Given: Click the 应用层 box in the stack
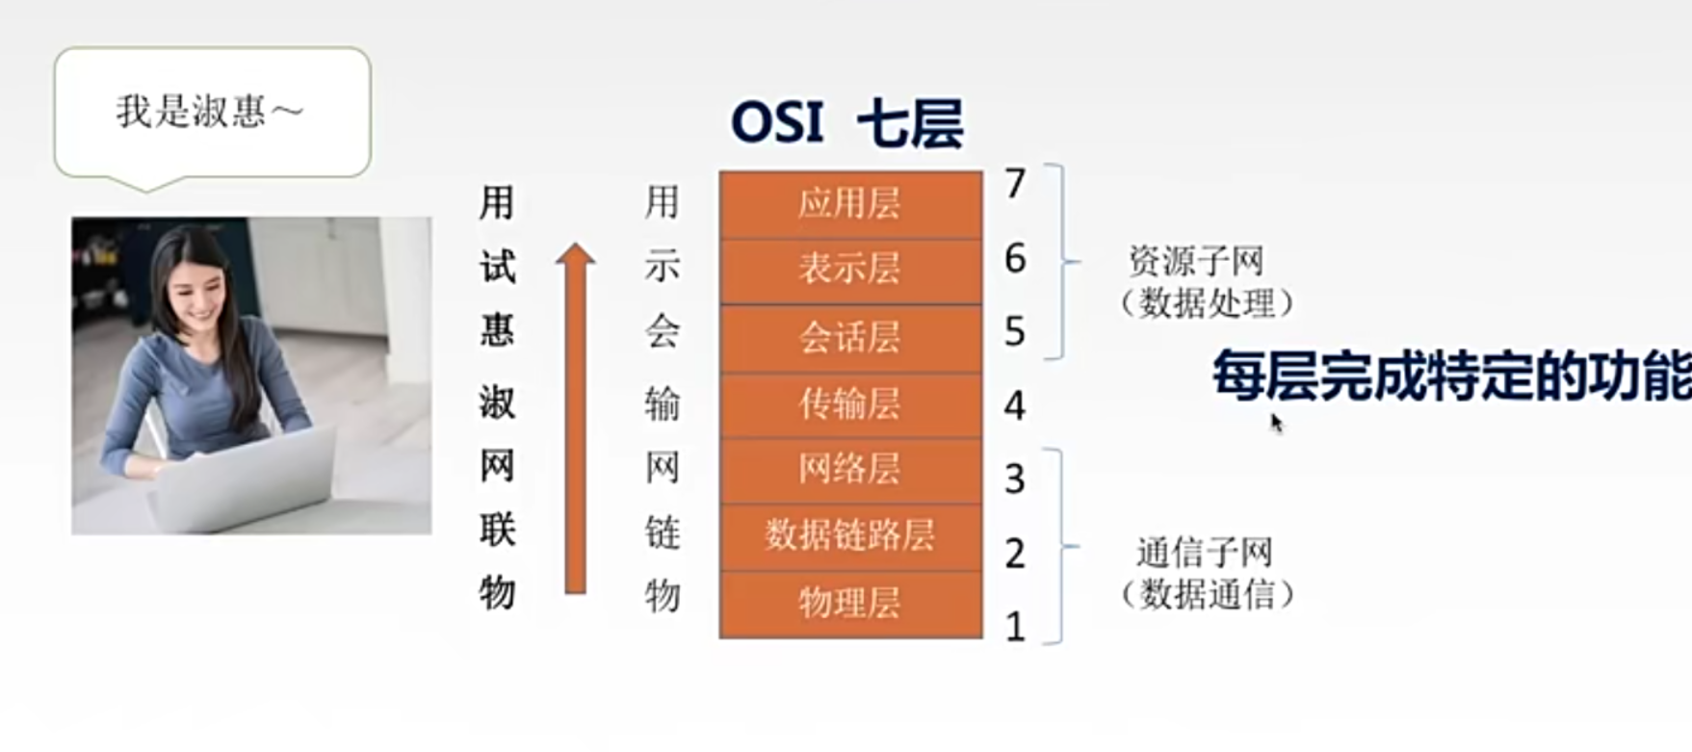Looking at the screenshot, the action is (850, 205).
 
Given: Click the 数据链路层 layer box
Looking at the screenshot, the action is (850, 537).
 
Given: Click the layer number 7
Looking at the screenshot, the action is (1015, 184).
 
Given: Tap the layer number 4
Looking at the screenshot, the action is (1015, 406).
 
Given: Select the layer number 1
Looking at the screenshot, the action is (1015, 628).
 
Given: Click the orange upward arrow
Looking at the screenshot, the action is (575, 418).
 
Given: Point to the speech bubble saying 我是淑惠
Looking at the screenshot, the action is (212, 116).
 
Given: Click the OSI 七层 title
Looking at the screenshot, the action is (847, 123).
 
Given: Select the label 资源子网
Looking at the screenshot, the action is (1196, 261).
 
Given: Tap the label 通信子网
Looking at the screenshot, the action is (1204, 553).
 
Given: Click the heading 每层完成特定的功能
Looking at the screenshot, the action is (1451, 376).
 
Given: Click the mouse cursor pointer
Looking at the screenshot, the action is (1277, 424).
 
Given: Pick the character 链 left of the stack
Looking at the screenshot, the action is (663, 532).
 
